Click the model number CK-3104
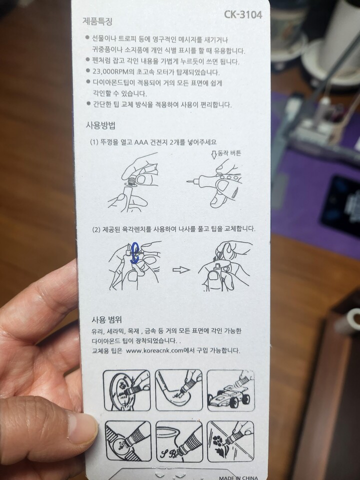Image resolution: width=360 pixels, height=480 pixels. (243, 14)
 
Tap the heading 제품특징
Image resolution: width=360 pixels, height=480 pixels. (98, 22)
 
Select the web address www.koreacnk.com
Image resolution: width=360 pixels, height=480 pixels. (158, 350)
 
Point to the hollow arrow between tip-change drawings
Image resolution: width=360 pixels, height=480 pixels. (180, 269)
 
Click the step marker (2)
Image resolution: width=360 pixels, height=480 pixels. (97, 229)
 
